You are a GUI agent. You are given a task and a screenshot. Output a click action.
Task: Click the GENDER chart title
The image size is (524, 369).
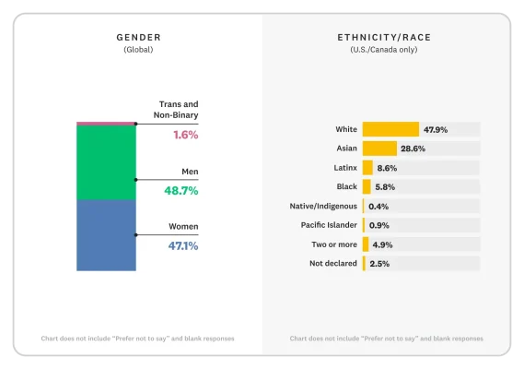click(138, 37)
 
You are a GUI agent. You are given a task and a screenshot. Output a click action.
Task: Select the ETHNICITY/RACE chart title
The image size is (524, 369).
click(384, 37)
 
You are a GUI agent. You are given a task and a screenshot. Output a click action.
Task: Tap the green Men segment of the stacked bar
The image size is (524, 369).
click(106, 162)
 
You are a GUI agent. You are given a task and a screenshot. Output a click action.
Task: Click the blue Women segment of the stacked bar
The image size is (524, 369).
click(106, 235)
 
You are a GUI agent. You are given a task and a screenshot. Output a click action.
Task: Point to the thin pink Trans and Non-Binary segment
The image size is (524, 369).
click(106, 123)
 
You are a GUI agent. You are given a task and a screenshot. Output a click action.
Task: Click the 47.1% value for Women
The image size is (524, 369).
click(181, 245)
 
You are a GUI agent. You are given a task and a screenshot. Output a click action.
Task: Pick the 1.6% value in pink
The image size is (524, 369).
click(185, 135)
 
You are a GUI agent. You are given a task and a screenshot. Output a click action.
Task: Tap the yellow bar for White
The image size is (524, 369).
click(390, 129)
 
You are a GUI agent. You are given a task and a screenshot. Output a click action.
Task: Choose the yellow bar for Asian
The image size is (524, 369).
click(379, 149)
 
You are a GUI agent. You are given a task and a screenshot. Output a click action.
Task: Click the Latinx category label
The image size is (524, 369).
click(344, 168)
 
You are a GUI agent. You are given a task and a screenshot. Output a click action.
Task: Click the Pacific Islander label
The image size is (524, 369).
click(329, 225)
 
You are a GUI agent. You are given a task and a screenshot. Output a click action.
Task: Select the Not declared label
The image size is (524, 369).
click(333, 264)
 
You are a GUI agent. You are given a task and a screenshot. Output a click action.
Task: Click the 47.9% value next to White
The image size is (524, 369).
click(436, 129)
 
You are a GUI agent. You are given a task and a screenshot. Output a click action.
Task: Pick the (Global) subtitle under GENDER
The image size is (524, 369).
click(138, 50)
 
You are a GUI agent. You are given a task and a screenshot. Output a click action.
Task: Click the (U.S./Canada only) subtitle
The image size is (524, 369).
click(384, 50)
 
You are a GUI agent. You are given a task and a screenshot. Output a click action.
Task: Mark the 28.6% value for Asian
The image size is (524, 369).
click(411, 149)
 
